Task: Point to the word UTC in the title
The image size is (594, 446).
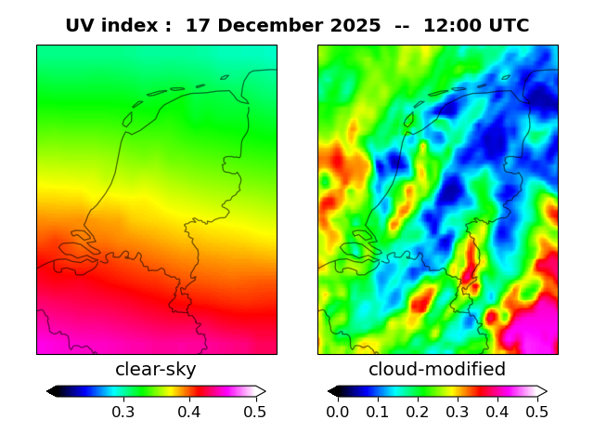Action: (x=508, y=26)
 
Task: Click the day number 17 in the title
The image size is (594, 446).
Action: (x=196, y=26)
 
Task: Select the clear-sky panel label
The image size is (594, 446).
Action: (x=156, y=370)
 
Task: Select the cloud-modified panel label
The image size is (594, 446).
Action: (x=437, y=370)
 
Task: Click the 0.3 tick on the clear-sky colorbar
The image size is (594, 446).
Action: (x=123, y=412)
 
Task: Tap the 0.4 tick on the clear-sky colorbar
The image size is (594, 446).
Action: (x=188, y=412)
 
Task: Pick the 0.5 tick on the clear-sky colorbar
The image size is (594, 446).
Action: (x=255, y=412)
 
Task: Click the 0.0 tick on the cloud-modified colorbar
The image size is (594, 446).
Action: (x=338, y=412)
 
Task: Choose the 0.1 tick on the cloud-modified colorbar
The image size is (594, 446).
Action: (x=378, y=412)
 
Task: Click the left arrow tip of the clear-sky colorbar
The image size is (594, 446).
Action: (x=48, y=391)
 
